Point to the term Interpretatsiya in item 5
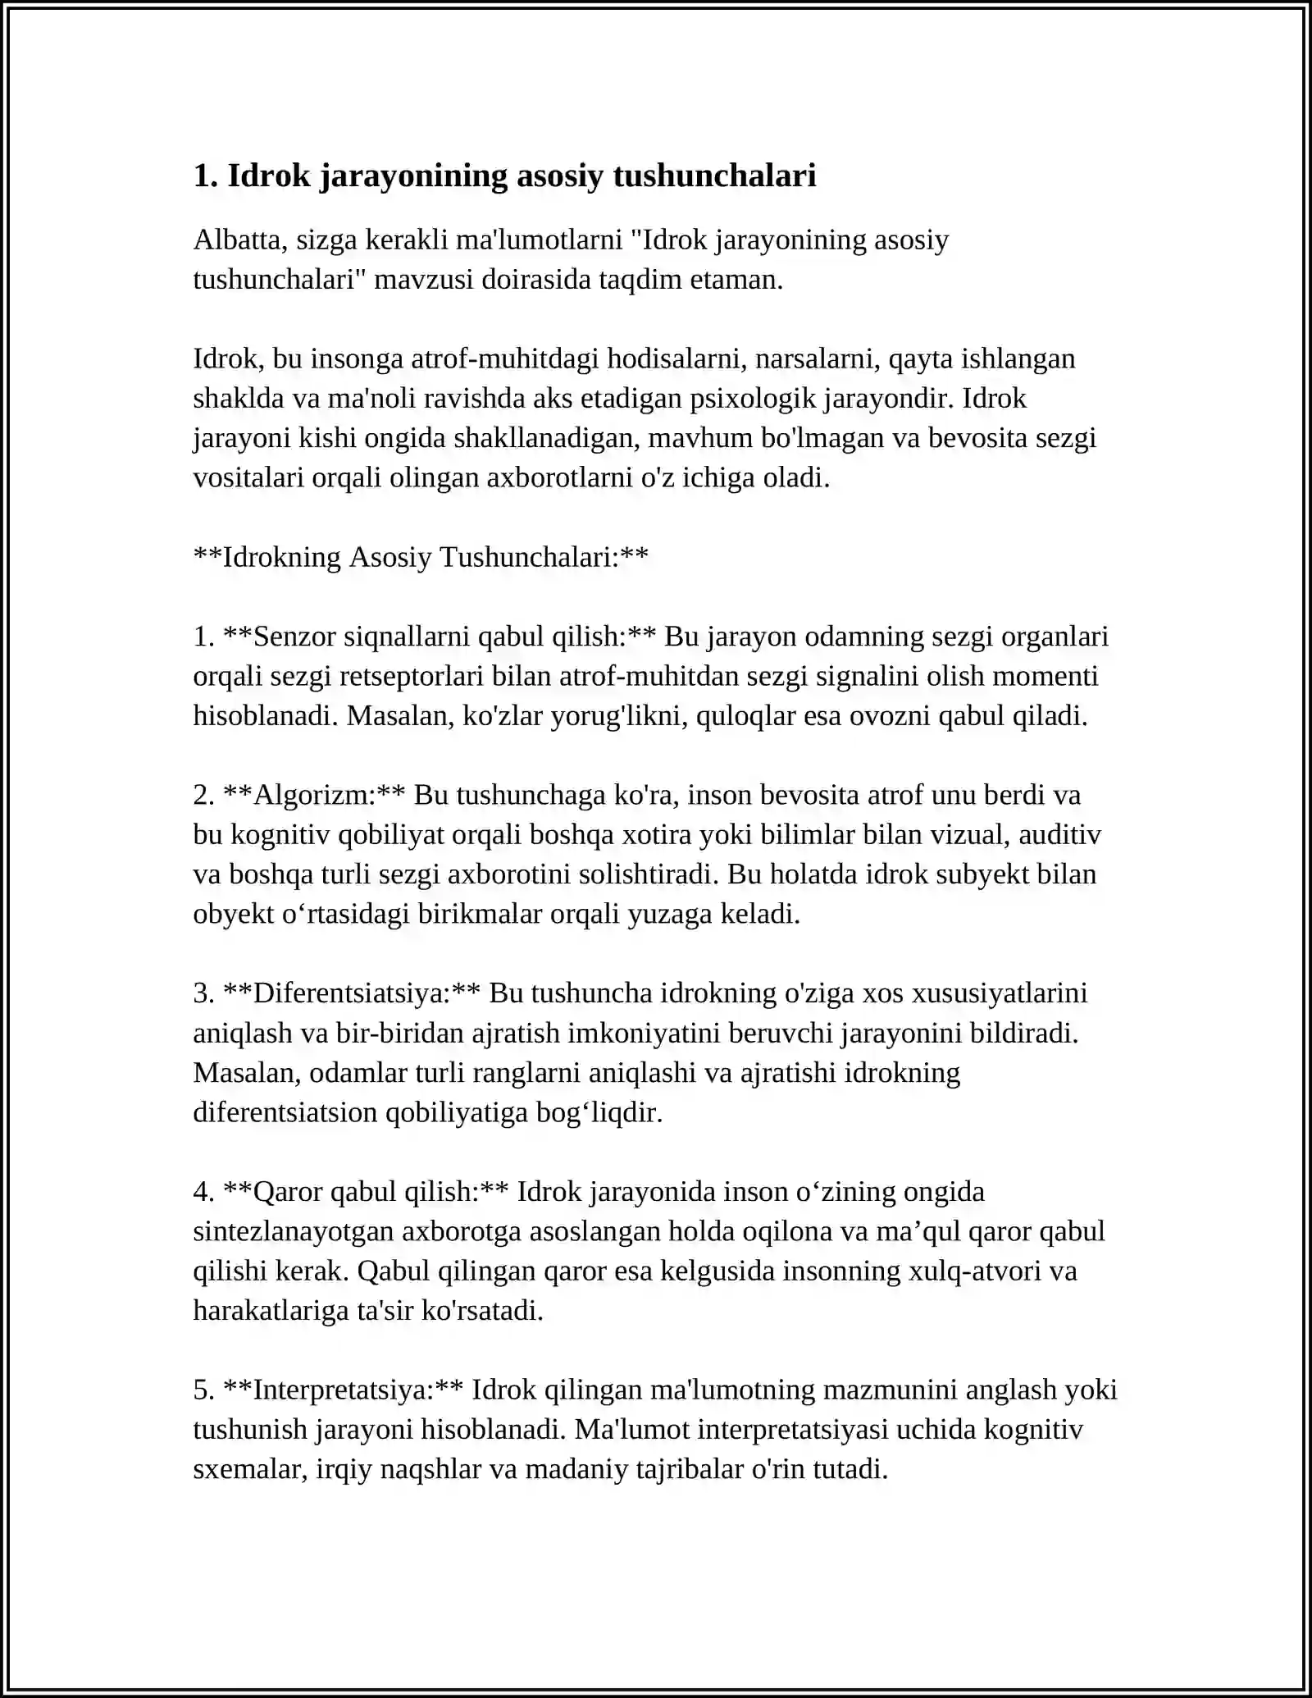[344, 1390]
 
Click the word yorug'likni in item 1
[619, 716]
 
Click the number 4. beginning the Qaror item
[204, 1192]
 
